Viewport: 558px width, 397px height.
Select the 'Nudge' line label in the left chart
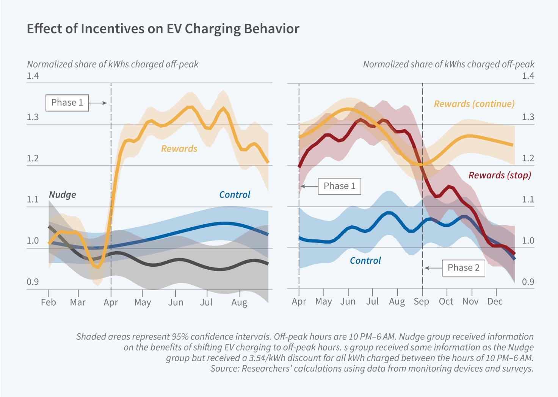tap(63, 195)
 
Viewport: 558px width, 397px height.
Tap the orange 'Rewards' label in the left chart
tap(179, 148)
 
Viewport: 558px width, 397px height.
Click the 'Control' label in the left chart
tap(235, 195)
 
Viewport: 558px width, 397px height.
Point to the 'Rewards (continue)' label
tap(474, 104)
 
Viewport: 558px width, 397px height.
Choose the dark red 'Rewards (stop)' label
tap(500, 175)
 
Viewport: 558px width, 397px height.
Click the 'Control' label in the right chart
tap(365, 261)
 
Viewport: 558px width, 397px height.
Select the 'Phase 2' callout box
tap(463, 267)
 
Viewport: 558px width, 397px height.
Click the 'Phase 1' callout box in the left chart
tap(67, 103)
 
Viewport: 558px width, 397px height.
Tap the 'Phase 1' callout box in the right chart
tap(339, 186)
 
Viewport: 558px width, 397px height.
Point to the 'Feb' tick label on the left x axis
tap(49, 302)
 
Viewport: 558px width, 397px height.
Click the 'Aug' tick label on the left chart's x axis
tap(239, 302)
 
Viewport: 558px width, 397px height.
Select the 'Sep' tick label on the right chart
tap(421, 302)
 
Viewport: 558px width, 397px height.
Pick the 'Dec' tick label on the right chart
tap(495, 302)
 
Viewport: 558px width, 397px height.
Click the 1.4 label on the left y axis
tap(33, 76)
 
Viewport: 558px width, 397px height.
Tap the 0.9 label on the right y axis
tap(528, 282)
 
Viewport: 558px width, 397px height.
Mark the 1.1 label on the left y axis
tap(33, 200)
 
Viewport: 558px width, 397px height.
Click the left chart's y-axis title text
tap(113, 64)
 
